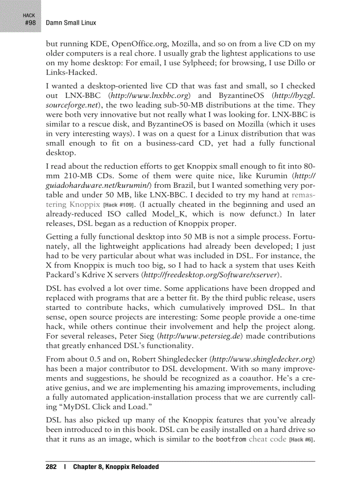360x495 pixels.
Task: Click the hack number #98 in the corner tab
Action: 30,22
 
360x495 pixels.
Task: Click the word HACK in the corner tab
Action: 29,15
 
